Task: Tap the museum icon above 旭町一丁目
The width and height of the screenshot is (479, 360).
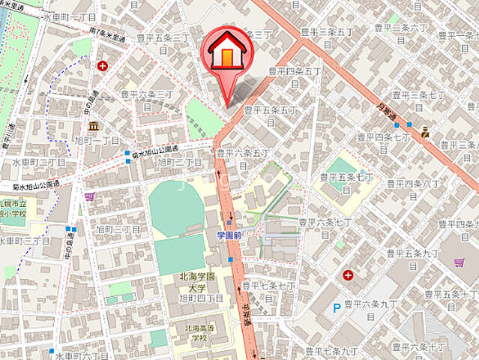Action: [x=93, y=126]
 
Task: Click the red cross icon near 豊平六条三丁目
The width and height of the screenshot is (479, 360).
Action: [x=102, y=65]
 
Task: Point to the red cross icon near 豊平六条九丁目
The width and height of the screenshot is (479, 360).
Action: [x=349, y=275]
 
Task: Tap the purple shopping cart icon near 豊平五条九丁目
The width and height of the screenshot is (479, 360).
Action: [x=459, y=262]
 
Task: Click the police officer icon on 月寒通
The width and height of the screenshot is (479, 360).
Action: [x=425, y=133]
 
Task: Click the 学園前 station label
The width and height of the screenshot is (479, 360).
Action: [x=229, y=235]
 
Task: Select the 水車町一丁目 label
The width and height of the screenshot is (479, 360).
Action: [x=70, y=16]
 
